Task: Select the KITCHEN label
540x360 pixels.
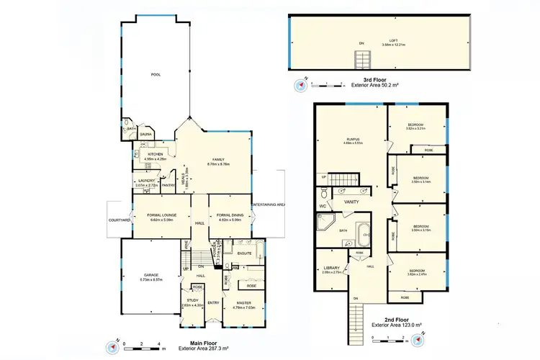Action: click(x=156, y=154)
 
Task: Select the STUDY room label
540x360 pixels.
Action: click(x=192, y=300)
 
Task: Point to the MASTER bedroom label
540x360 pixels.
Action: click(x=243, y=303)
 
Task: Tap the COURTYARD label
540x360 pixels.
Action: click(x=119, y=220)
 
